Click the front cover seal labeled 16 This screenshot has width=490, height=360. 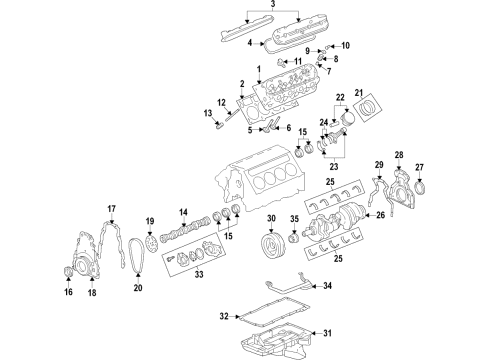point(69,275)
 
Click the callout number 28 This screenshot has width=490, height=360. point(398,154)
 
